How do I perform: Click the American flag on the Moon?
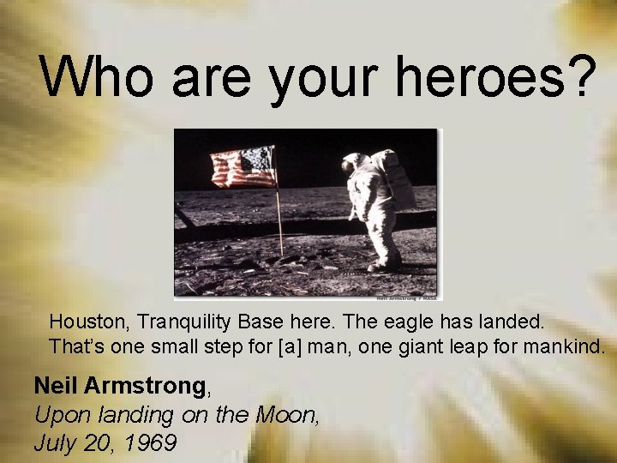[x=244, y=167]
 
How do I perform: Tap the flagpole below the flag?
[x=279, y=223]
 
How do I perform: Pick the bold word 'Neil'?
[x=56, y=387]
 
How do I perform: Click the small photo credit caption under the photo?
[x=407, y=298]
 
